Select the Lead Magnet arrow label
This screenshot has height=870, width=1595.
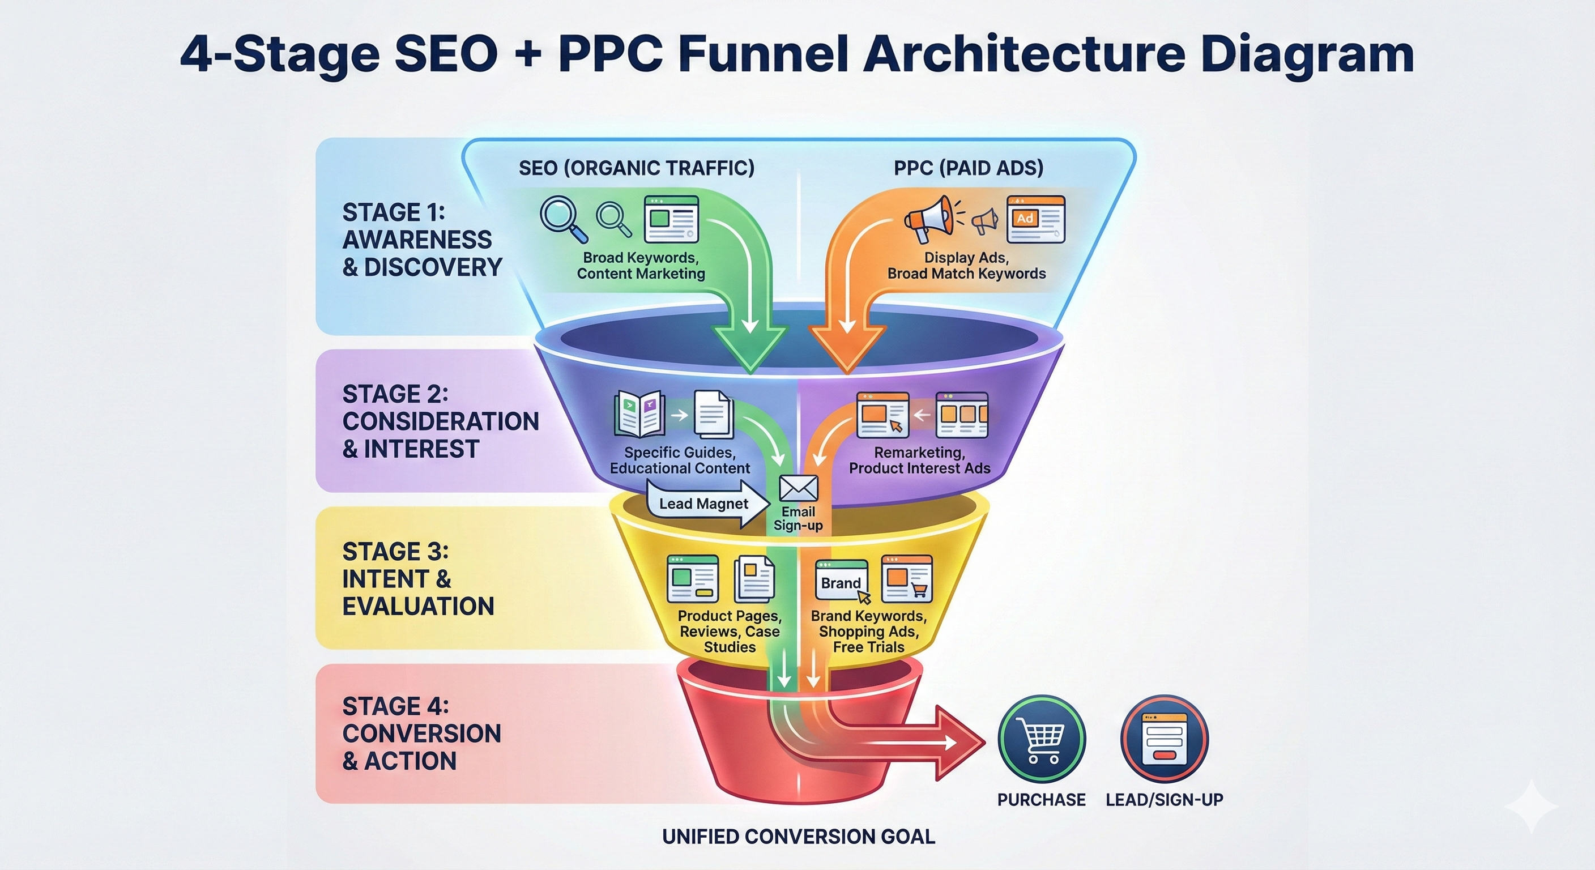(x=703, y=504)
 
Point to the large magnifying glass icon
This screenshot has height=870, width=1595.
(x=562, y=218)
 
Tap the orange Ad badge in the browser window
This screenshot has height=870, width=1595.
(x=1025, y=219)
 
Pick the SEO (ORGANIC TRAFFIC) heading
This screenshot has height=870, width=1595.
(x=637, y=168)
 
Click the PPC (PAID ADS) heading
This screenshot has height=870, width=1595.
(x=969, y=168)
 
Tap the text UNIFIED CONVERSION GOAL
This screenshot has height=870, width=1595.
(x=798, y=837)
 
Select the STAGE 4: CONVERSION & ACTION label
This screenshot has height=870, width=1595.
(x=421, y=733)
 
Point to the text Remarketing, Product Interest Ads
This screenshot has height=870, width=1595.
(x=919, y=460)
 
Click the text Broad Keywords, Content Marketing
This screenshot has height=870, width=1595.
(x=641, y=266)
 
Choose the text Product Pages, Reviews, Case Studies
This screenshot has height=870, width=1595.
(x=730, y=631)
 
